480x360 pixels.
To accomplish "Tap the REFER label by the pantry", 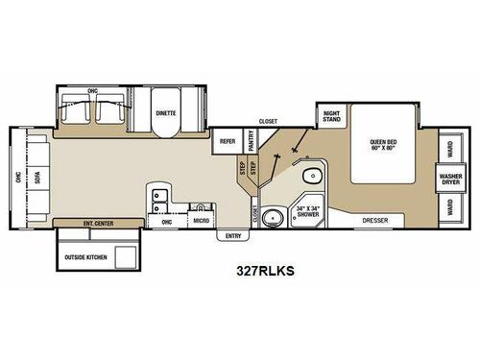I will click(228, 140).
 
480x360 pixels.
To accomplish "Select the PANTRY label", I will click(250, 141).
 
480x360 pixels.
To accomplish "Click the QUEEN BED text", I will click(384, 147).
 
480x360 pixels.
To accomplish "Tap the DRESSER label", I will click(375, 221).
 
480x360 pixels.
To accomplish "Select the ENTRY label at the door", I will click(232, 235).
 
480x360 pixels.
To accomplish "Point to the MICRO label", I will click(201, 221).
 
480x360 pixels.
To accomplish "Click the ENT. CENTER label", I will click(99, 223).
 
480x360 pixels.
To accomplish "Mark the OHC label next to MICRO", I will click(165, 221).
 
